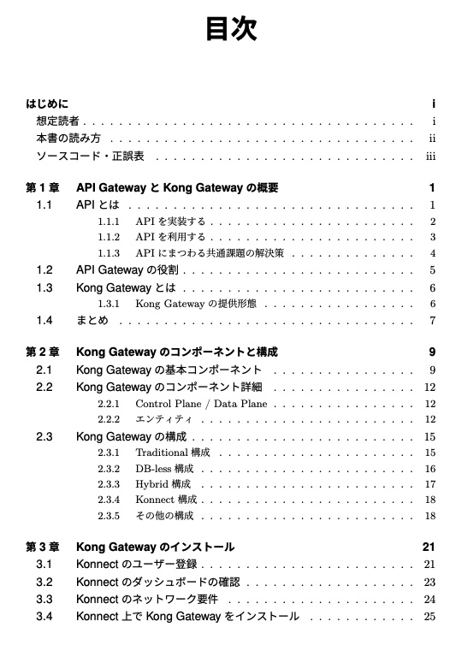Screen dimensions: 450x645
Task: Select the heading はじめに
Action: [x=48, y=105]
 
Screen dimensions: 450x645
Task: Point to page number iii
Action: [x=431, y=157]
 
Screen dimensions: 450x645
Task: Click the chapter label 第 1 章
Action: [x=43, y=188]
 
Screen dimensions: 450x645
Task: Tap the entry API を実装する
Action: [x=170, y=222]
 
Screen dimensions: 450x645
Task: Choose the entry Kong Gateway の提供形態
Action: [x=201, y=304]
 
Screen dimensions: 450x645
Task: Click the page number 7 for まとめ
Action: [x=433, y=321]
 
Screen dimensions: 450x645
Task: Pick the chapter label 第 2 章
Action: [x=43, y=352]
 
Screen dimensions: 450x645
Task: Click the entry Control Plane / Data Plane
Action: [x=201, y=404]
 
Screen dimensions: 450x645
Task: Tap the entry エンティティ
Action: [x=163, y=420]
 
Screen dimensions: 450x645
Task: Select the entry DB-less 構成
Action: [x=165, y=469]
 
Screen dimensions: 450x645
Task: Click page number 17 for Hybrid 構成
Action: [x=430, y=484]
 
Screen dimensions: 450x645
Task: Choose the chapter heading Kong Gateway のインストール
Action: [x=155, y=547]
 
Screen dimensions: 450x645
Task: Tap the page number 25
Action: [x=430, y=616]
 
